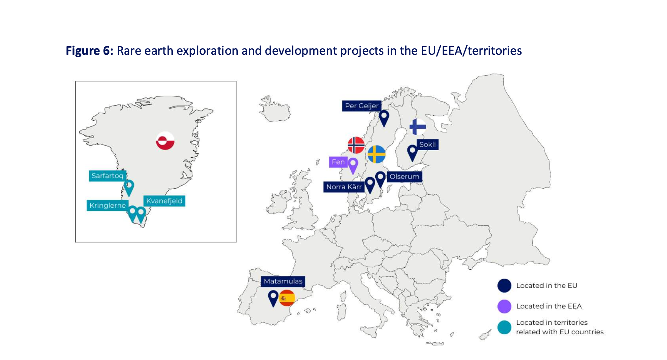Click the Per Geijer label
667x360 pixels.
362,106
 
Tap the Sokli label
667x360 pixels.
428,144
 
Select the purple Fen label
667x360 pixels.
338,162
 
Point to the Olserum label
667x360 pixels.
404,177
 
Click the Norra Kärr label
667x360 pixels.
343,187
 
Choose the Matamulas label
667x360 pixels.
283,281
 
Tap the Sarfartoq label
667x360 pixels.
107,176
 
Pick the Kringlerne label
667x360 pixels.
107,206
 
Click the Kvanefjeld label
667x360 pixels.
164,201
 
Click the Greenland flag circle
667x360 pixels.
165,141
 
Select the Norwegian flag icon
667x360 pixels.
356,145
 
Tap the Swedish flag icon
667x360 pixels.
376,154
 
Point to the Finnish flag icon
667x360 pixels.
418,127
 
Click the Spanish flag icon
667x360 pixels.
287,298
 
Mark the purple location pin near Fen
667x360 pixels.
353,166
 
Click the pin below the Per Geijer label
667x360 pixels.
384,118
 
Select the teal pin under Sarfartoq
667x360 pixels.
129,188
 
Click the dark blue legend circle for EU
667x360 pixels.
504,286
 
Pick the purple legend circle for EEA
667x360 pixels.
504,306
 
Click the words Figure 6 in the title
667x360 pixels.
89,51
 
